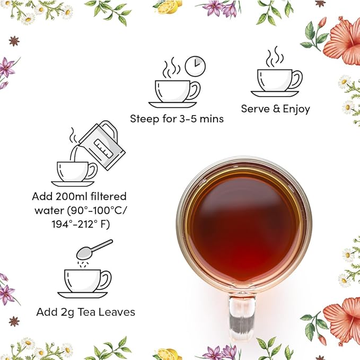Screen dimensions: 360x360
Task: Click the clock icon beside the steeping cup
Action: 195,66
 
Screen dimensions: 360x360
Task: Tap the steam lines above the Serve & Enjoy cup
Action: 275,57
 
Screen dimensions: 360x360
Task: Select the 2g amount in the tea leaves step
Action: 65,312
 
